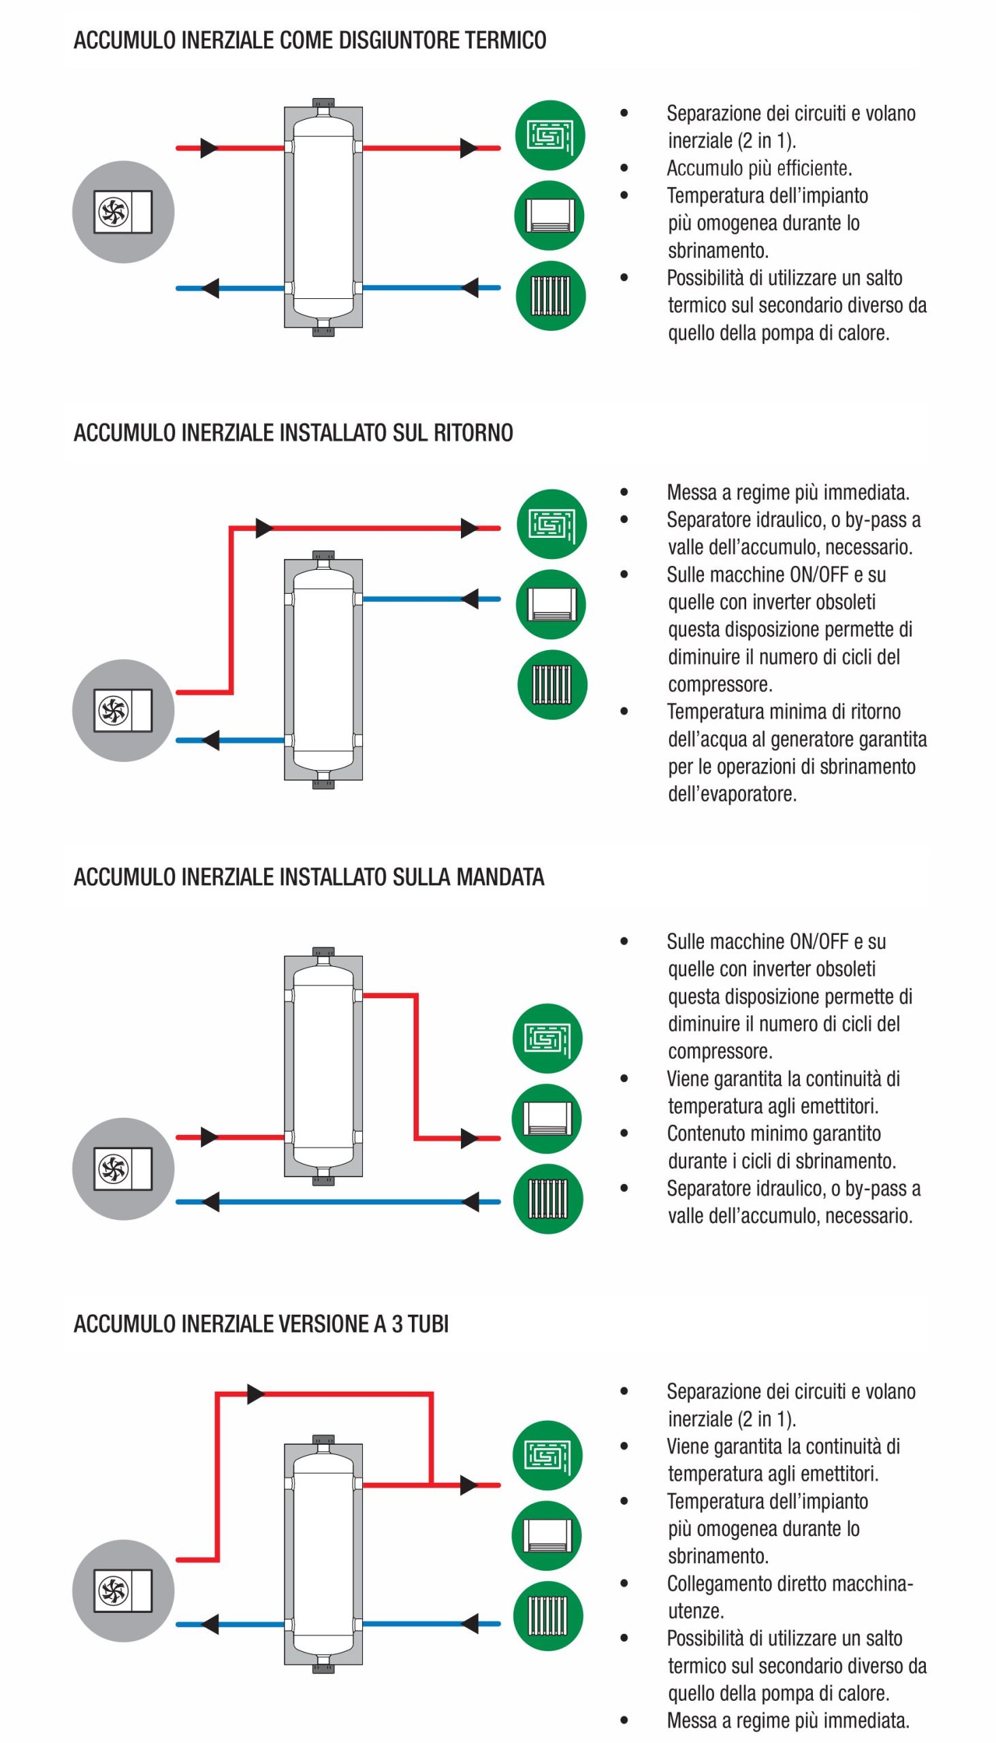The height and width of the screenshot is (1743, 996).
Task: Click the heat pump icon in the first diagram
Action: pos(123,212)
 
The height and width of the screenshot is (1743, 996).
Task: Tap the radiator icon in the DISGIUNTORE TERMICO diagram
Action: pos(550,296)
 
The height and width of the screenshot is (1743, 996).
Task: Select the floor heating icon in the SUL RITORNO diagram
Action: pos(551,525)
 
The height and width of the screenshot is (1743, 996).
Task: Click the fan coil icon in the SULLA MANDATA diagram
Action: pos(547,1119)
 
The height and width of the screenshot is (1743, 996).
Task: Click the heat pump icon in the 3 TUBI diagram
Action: pos(123,1590)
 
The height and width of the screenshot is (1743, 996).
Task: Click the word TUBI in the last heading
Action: pos(428,1324)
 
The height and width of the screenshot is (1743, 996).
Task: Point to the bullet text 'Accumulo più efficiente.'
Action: pos(759,168)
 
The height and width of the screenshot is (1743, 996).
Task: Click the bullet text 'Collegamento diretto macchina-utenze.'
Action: pos(790,1597)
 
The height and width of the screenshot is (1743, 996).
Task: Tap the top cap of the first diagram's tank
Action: pos(323,103)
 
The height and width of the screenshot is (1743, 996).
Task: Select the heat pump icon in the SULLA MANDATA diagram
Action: pos(123,1168)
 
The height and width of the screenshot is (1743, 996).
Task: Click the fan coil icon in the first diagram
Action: pos(549,215)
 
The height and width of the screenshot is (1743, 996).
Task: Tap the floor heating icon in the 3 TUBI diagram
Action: pos(548,1456)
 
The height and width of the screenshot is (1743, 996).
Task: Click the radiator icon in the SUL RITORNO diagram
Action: pos(551,685)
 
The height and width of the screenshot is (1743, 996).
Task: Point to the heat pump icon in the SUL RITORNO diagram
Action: pos(123,710)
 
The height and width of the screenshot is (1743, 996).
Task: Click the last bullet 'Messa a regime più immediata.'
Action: pos(788,1721)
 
